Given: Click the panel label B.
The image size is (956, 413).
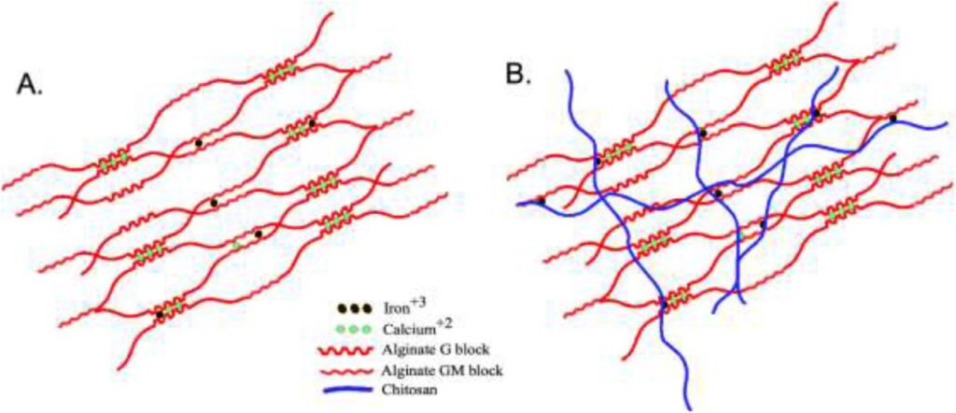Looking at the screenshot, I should pos(517,75).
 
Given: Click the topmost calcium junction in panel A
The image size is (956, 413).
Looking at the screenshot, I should pos(279,73).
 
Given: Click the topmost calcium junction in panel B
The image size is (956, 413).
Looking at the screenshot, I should pos(785,62).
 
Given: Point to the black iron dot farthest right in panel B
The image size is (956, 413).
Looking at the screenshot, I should pos(893,119).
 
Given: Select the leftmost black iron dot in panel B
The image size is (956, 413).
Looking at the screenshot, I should pos(541,201).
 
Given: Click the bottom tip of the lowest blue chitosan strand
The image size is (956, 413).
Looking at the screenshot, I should pos(689,407).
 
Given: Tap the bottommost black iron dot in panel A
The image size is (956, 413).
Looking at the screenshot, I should pos(161,316).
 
